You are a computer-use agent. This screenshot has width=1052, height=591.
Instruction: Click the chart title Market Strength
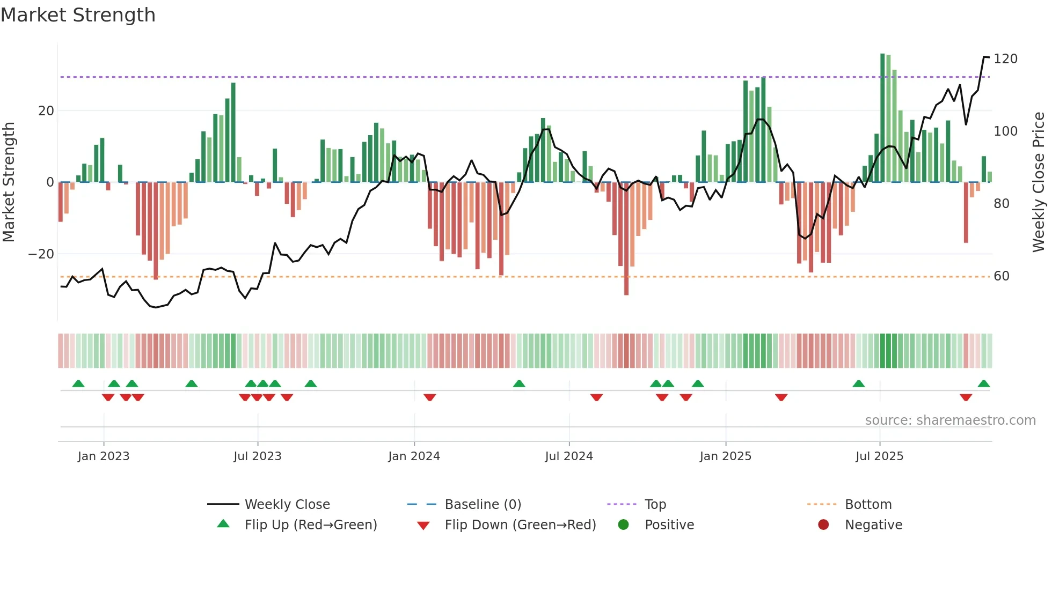click(78, 15)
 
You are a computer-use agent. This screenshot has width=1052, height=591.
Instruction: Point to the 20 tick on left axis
click(46, 111)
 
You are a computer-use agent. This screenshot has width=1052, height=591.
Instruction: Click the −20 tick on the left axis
click(41, 254)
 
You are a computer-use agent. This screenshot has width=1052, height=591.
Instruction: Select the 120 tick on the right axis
click(1005, 59)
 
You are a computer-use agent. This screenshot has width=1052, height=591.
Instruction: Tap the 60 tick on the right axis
click(1002, 276)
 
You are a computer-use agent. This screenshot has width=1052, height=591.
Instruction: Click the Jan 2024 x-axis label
click(414, 456)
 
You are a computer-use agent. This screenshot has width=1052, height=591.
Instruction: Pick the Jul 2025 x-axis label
click(879, 456)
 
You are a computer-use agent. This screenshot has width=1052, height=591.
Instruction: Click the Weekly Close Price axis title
click(1039, 182)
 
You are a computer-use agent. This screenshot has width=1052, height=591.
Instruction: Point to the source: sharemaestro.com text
click(950, 420)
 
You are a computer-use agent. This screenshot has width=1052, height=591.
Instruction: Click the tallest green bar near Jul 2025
click(882, 118)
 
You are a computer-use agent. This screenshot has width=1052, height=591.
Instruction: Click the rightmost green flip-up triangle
click(983, 384)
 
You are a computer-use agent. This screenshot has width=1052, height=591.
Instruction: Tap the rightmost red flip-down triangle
click(966, 397)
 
